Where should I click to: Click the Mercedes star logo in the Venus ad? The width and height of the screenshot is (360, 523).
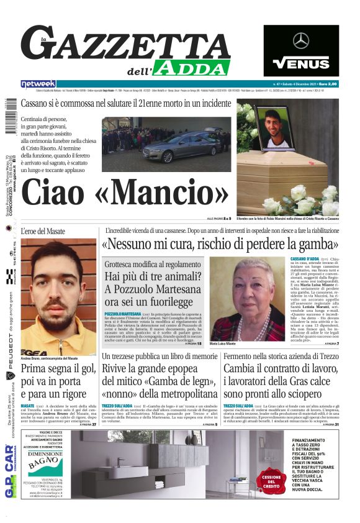(301, 41)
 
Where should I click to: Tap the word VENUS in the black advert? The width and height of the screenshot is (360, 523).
(301, 63)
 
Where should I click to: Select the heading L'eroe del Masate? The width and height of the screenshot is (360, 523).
(44, 231)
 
